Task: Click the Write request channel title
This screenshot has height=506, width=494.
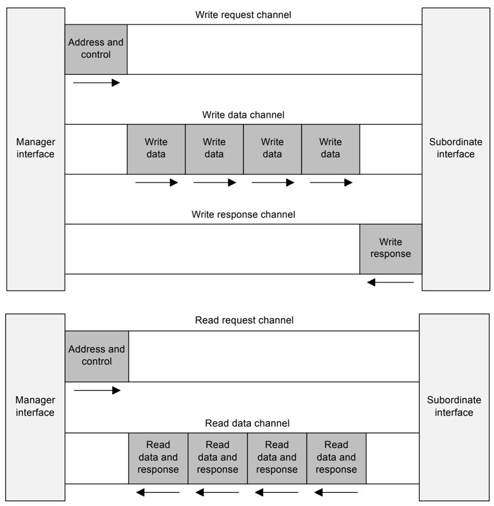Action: pos(243,14)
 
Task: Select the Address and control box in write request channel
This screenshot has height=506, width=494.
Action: pos(96,49)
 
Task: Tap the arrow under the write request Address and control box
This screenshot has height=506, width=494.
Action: pos(97,82)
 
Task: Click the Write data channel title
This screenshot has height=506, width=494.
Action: pos(243,114)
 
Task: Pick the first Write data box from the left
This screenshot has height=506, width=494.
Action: pos(156,149)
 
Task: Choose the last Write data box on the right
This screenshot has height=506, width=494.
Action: pos(330,149)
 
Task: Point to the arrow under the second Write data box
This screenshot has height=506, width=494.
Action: pos(214,182)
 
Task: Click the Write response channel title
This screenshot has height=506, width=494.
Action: pos(243,214)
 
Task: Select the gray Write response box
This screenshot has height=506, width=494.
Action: pos(391,249)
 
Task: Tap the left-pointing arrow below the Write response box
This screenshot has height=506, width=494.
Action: pos(391,282)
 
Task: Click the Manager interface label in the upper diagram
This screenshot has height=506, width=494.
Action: pos(36,149)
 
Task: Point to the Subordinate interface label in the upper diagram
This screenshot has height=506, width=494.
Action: pos(456,149)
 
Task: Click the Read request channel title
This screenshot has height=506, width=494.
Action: pos(244,321)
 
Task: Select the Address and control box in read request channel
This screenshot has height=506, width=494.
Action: pos(97,356)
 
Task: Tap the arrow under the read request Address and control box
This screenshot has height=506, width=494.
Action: pos(97,390)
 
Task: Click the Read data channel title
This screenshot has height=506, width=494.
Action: pos(247,423)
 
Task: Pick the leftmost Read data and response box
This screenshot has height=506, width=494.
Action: pos(158,458)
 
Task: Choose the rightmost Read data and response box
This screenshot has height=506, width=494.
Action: pos(336,458)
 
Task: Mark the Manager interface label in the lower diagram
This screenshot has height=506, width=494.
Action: pos(35,406)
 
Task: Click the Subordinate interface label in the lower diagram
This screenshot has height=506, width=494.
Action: pos(454,406)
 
